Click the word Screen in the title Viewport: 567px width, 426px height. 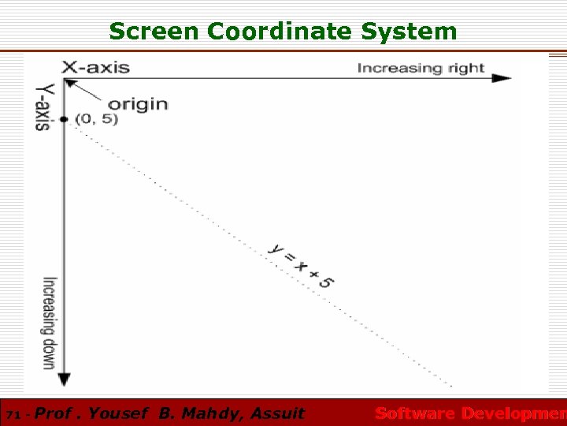tap(154, 32)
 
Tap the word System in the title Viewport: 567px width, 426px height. tap(409, 32)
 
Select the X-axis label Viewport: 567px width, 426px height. tap(96, 67)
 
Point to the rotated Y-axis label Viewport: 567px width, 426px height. tap(45, 106)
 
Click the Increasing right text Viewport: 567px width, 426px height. tap(421, 68)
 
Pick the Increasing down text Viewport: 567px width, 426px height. tap(48, 323)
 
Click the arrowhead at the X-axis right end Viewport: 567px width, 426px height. tap(502, 78)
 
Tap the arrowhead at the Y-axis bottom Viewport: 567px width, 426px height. tap(65, 378)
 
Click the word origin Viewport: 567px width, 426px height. tap(138, 103)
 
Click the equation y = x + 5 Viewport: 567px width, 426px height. tap(300, 264)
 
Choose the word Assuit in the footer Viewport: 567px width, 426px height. tap(277, 413)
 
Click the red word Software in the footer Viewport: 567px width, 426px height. tap(415, 413)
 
